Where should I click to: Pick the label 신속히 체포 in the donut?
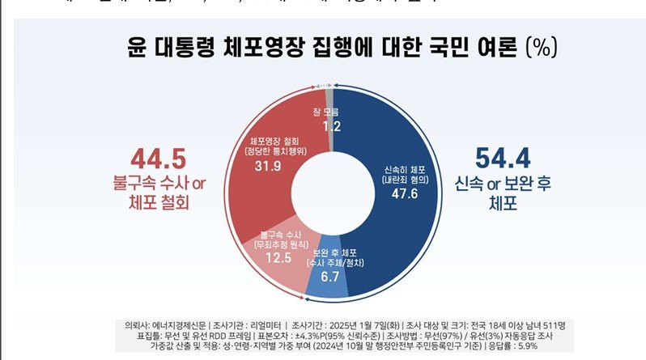[x=400, y=170]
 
